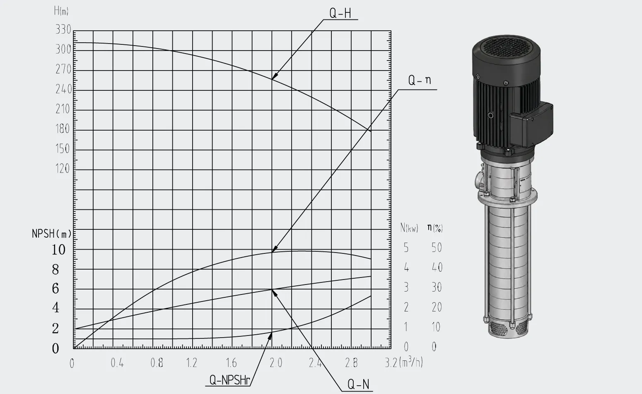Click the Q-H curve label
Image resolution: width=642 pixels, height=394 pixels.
click(x=340, y=13)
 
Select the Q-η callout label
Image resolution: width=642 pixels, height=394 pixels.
click(x=419, y=80)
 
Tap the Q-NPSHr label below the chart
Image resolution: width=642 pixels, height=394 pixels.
click(x=230, y=380)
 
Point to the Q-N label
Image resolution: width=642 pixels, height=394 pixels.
click(x=358, y=384)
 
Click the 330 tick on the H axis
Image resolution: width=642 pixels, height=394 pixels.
click(x=63, y=29)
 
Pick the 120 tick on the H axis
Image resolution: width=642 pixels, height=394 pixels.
click(x=63, y=169)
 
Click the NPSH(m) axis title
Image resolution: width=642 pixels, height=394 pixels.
click(x=52, y=234)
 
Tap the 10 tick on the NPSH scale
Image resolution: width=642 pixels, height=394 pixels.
click(x=59, y=250)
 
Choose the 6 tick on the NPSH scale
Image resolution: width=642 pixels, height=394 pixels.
click(x=56, y=288)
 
